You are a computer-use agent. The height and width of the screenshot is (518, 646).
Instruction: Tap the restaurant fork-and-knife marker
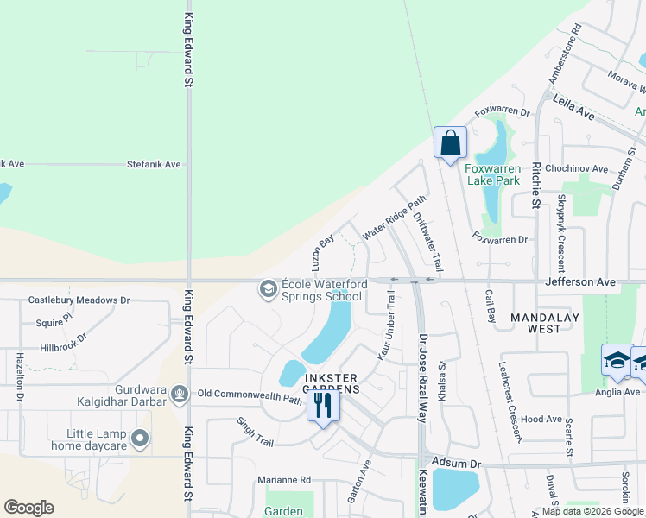point(323,404)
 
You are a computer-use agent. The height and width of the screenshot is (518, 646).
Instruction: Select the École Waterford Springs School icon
point(268,288)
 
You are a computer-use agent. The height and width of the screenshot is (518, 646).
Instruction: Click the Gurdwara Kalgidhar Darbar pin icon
point(180,395)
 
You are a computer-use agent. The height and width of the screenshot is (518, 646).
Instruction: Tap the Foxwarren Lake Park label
point(492,174)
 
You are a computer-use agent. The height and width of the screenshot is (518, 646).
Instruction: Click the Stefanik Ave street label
point(154,163)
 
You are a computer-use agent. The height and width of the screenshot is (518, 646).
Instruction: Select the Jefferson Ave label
point(579,281)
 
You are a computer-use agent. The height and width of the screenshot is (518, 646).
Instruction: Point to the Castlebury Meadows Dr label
point(79,300)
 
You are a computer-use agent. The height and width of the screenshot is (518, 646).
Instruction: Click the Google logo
point(28,508)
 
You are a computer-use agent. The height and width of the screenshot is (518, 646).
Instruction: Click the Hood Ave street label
point(541,419)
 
